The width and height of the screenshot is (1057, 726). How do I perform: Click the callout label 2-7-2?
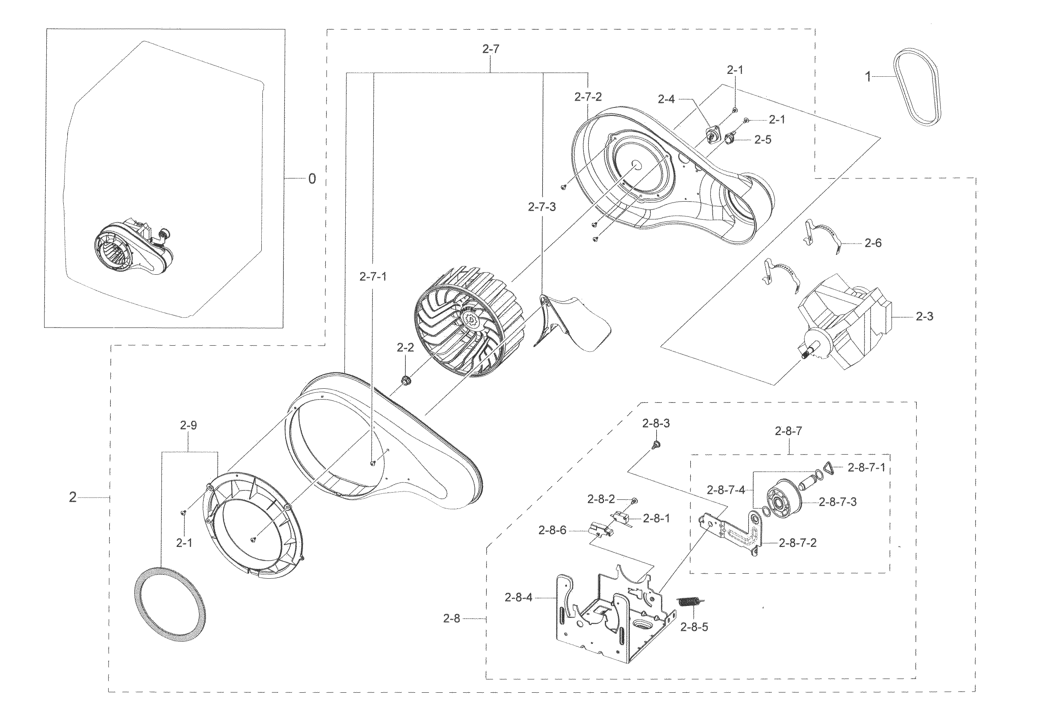(588, 97)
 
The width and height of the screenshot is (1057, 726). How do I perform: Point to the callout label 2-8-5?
(694, 627)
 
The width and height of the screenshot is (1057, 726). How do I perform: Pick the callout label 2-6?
(873, 243)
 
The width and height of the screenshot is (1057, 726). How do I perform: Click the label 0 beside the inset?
(312, 179)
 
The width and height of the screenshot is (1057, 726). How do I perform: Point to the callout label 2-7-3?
(542, 207)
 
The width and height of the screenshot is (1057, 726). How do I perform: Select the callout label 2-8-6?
(552, 531)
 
